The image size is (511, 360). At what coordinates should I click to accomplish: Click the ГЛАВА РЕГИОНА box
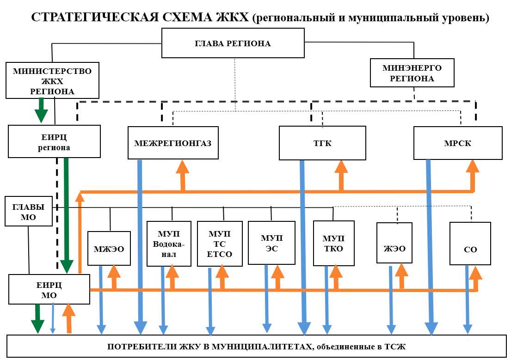tap(233, 43)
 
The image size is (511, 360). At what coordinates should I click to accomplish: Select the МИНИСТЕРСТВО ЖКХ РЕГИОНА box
tap(52, 80)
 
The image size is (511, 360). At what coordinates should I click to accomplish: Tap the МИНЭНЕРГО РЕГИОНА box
tap(412, 73)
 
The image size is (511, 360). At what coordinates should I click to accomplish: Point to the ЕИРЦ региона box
tap(54, 141)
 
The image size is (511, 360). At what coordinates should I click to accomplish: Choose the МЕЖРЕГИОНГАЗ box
tap(172, 143)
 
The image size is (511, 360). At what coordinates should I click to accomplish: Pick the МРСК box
tap(457, 143)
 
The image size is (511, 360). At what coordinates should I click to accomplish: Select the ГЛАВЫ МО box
tap(28, 212)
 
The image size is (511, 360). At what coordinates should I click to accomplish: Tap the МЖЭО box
tap(109, 249)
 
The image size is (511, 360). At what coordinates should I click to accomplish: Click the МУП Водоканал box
tap(169, 244)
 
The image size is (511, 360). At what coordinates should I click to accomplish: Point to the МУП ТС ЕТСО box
tap(220, 244)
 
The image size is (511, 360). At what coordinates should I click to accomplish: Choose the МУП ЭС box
tap(271, 243)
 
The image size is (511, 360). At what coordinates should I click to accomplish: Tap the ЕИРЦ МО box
tap(49, 289)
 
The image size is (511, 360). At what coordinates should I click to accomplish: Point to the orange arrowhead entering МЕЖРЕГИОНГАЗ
tap(183, 167)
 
